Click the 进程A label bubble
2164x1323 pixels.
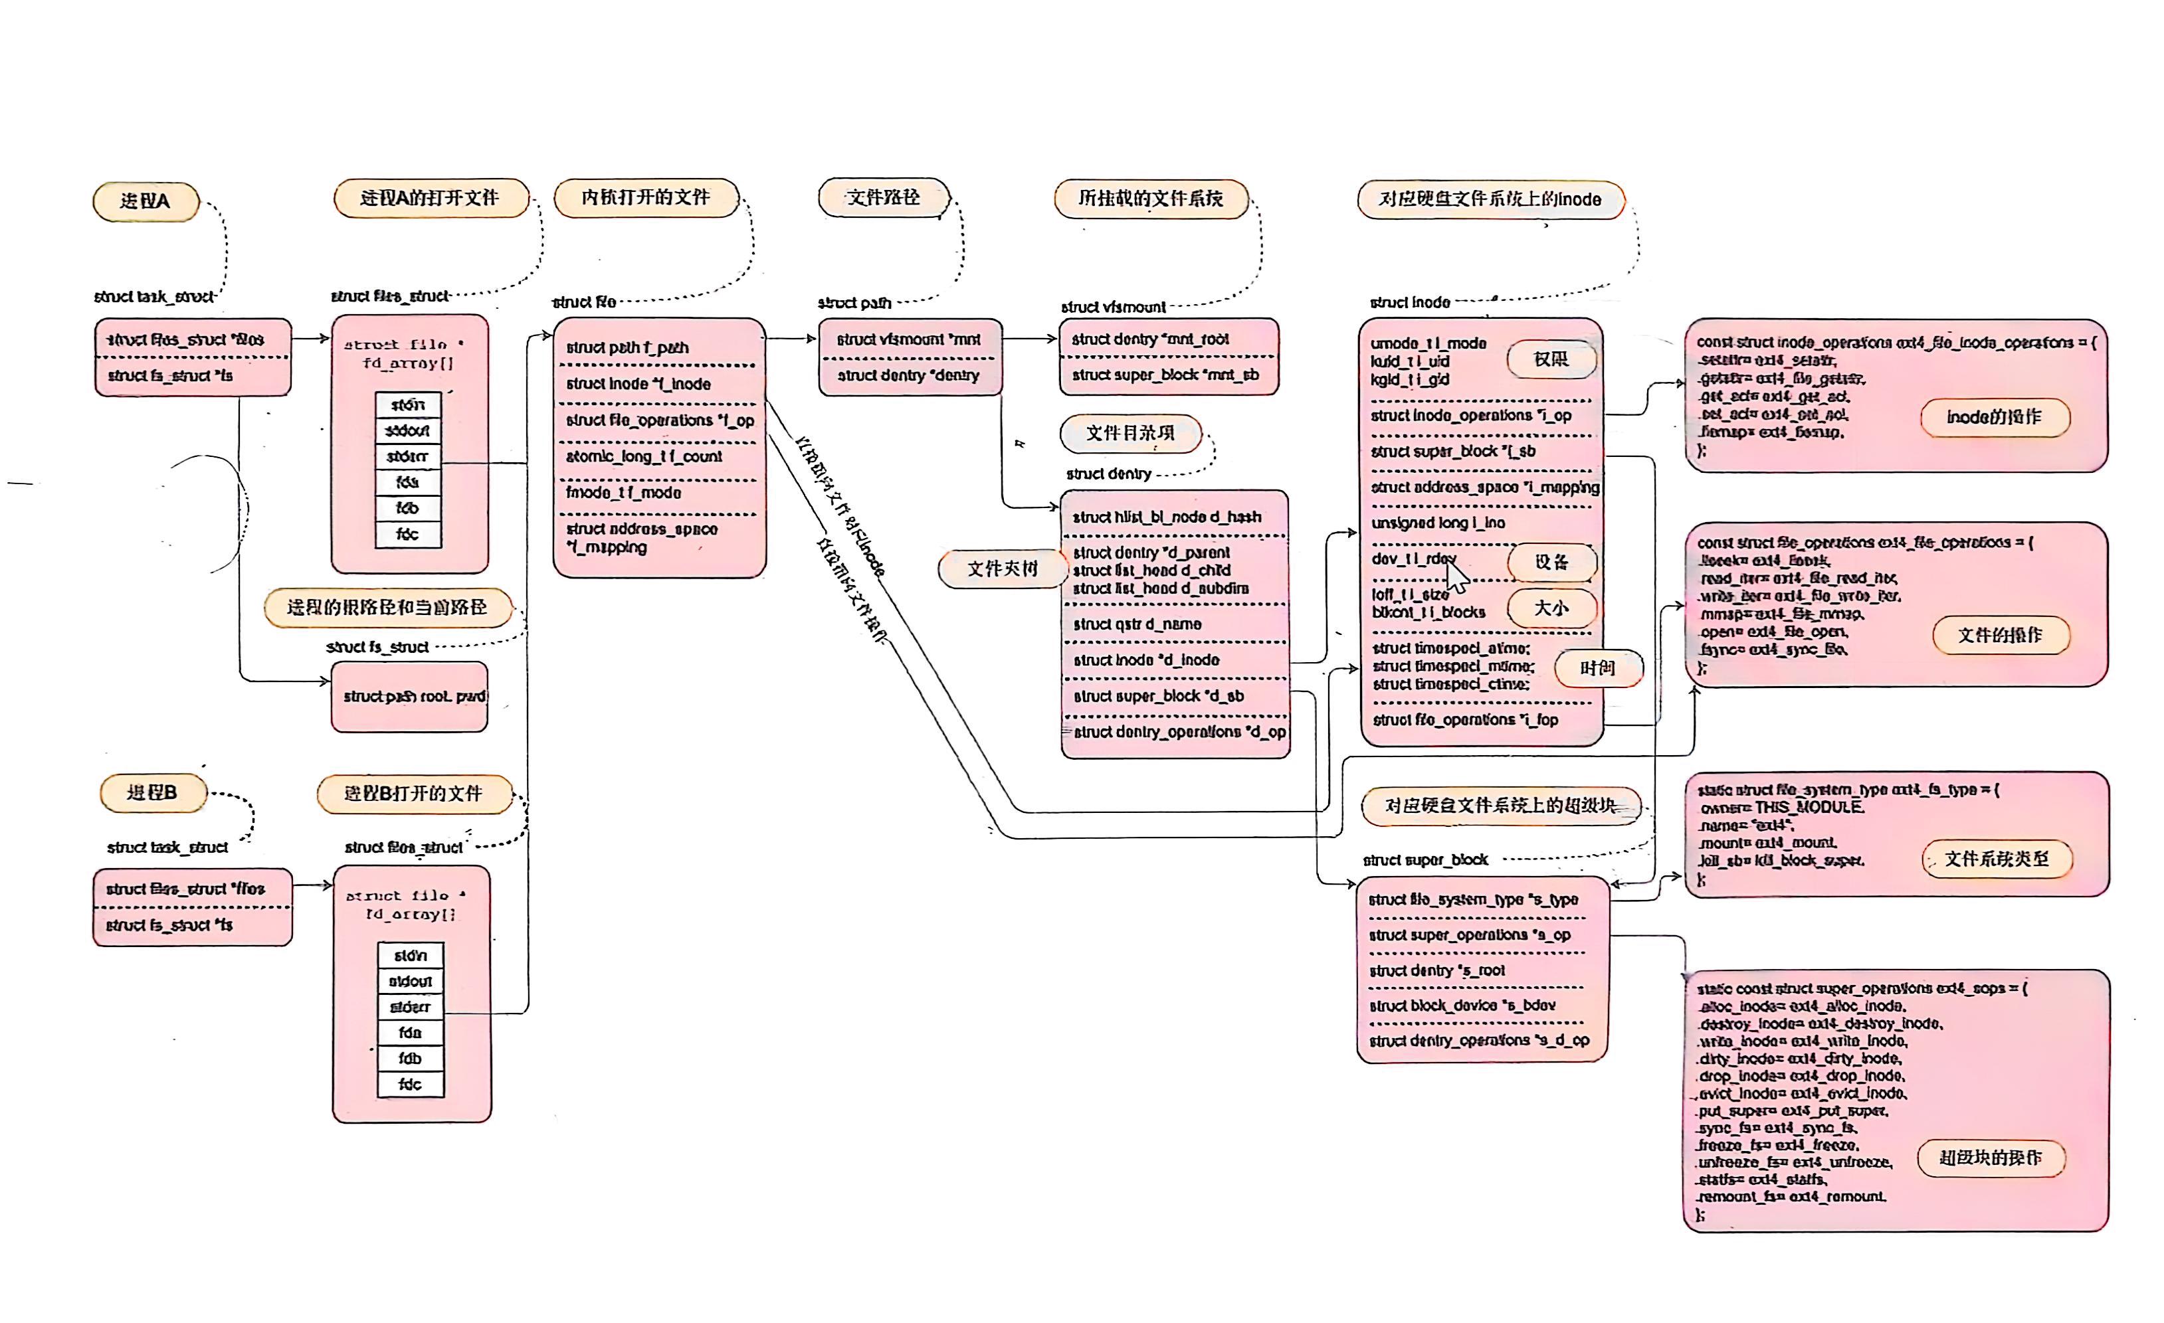click(146, 202)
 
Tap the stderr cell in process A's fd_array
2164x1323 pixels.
click(407, 456)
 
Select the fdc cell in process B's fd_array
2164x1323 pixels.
click(410, 1084)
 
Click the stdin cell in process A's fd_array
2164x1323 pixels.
click(407, 404)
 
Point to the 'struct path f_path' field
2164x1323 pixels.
click(627, 347)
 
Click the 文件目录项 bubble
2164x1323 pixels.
click(1130, 434)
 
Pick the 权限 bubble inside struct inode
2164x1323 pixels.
click(1551, 359)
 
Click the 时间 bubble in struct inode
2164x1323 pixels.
click(1597, 668)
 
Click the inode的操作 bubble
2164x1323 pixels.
click(1994, 417)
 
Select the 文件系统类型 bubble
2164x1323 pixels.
click(1997, 859)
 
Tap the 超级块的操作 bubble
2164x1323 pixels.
click(1990, 1158)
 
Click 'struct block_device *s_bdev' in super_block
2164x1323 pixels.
click(1462, 1005)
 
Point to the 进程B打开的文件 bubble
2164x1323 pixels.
click(414, 794)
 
